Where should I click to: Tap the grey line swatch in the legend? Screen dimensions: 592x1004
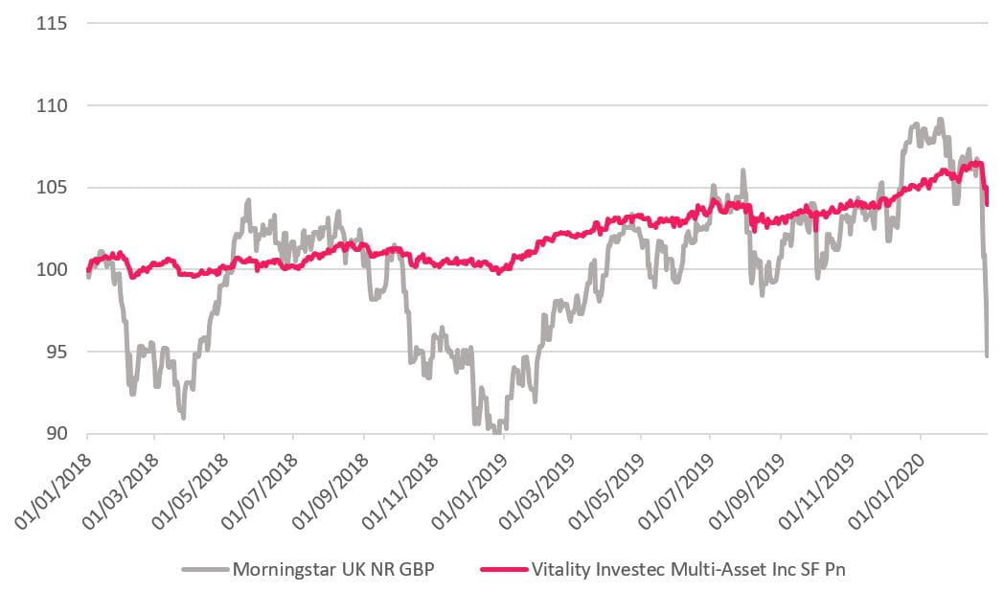click(x=204, y=569)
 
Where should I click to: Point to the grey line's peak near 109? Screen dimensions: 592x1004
click(x=940, y=120)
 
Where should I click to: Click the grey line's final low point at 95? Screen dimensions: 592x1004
click(x=987, y=356)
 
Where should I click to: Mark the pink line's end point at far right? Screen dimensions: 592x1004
click(x=988, y=203)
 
